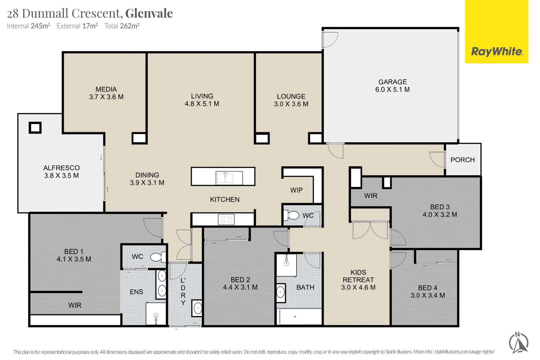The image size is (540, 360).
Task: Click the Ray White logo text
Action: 497,52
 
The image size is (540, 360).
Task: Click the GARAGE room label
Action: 392,82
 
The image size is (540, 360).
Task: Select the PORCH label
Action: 462,160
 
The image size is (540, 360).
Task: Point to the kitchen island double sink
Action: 225,178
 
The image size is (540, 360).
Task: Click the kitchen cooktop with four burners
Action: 226,219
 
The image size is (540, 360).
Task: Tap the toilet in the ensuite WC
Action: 158,257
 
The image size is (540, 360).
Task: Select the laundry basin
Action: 197,308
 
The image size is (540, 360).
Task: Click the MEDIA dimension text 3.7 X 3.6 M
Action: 106,97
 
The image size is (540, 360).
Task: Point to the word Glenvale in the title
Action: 149,13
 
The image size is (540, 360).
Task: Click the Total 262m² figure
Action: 122,26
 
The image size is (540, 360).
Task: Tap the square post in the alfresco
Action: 35,128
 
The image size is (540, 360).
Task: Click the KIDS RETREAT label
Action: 358,276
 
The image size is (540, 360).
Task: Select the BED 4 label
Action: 427,288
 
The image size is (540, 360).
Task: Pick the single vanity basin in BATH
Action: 281,292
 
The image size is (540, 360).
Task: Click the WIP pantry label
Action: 296,190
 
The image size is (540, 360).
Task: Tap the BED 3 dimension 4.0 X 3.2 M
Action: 440,215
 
